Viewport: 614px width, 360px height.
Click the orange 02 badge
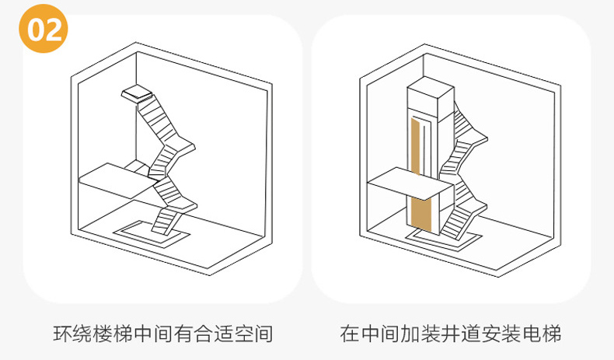(x=44, y=30)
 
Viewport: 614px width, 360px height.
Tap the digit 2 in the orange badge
(x=54, y=30)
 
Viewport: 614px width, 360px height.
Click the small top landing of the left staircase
(x=136, y=93)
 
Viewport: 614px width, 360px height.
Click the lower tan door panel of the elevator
(x=420, y=215)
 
